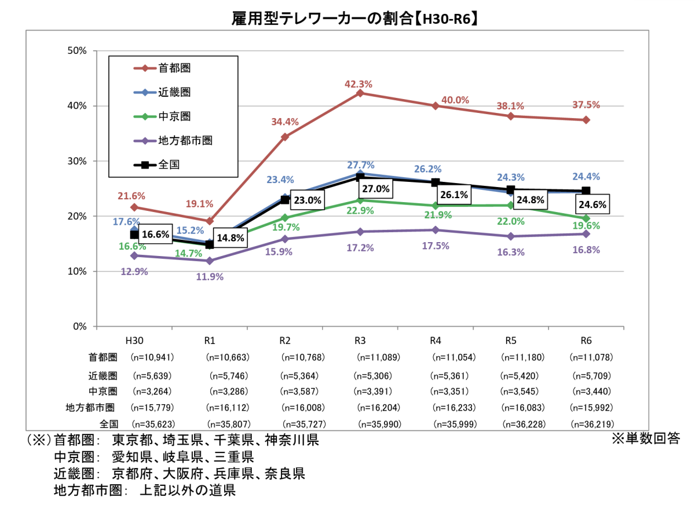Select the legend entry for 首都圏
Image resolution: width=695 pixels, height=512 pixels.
point(174,68)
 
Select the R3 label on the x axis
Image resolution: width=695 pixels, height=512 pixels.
point(360,341)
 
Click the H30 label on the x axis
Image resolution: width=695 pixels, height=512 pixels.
point(134,341)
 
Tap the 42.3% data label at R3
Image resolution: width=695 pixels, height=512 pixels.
point(360,83)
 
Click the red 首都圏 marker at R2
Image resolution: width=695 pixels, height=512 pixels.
point(285,137)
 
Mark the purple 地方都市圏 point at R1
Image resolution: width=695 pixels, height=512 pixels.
point(210,261)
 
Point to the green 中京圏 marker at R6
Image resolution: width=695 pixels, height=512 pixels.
point(586,218)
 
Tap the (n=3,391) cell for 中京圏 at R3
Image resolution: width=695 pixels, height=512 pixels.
point(377,391)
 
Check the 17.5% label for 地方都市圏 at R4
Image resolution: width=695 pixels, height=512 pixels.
point(435,245)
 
